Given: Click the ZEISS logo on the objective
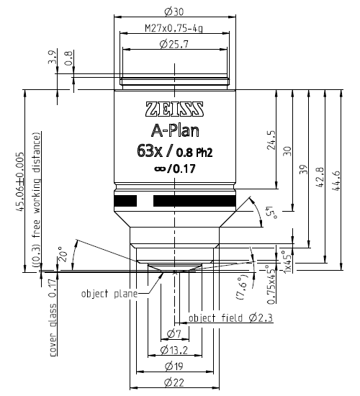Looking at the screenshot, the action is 174,109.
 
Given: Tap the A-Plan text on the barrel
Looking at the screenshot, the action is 175,131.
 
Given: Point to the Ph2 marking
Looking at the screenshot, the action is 204,153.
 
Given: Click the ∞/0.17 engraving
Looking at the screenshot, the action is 175,168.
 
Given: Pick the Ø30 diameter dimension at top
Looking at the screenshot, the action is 174,12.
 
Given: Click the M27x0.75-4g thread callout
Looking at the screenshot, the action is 174,28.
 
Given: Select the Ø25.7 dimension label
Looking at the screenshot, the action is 174,45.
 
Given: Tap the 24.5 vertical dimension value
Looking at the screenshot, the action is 271,140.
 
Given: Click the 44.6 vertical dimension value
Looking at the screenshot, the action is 337,181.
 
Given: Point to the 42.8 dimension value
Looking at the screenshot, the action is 320,177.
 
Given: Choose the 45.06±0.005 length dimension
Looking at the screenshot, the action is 19,182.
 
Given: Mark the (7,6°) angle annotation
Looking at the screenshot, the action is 243,287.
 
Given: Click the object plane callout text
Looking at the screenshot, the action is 109,294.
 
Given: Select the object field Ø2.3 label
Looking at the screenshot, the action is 230,318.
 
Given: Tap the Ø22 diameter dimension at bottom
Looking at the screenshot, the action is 174,383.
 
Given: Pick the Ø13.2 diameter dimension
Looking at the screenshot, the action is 174,350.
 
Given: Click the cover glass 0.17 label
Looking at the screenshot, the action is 53,318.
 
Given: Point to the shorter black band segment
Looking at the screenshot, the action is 125,201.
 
